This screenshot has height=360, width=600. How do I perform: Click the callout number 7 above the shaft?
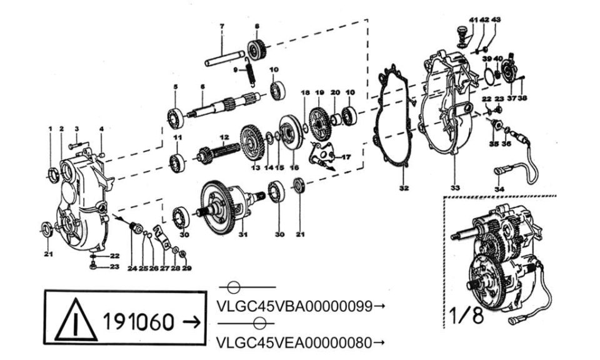(x=221, y=26)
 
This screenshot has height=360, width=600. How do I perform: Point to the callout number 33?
(x=455, y=188)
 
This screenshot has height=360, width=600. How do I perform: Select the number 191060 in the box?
(x=139, y=321)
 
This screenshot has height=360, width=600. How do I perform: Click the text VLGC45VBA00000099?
(x=294, y=306)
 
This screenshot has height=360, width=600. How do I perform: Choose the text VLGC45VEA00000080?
(x=294, y=342)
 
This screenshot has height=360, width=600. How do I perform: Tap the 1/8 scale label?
(x=466, y=316)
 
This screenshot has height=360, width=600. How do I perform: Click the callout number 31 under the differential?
(x=243, y=234)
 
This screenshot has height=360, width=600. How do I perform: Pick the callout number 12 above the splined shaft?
(x=224, y=137)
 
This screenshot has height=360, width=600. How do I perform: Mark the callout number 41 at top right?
(x=473, y=19)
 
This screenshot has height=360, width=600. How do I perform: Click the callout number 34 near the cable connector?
(x=499, y=189)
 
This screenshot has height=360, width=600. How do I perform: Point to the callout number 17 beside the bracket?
(x=346, y=157)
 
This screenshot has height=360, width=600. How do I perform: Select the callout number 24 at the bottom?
(x=132, y=269)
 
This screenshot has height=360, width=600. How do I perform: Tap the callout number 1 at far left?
(x=50, y=129)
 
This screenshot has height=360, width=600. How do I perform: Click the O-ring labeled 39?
(x=489, y=76)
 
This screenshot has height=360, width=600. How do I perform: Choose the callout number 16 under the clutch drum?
(x=294, y=167)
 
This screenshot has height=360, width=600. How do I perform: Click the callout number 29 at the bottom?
(x=187, y=269)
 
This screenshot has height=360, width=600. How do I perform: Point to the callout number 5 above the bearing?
(x=175, y=87)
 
